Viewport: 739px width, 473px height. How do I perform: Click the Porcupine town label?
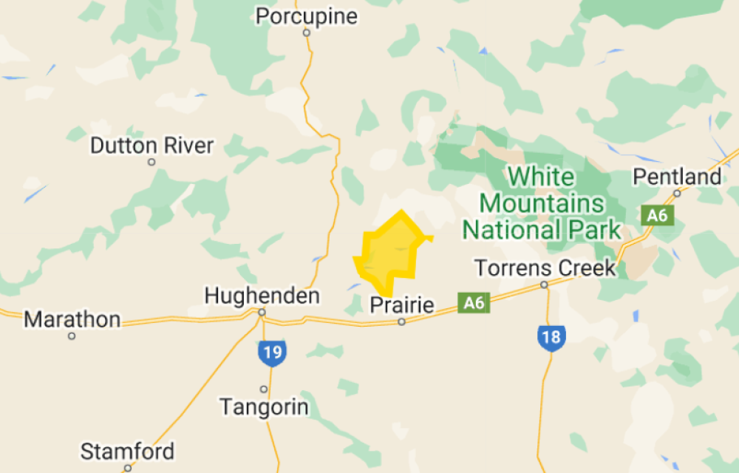(x=306, y=16)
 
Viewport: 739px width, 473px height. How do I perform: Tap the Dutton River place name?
(x=151, y=146)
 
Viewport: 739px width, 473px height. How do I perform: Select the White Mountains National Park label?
(x=541, y=203)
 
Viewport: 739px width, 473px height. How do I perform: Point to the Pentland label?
(x=677, y=177)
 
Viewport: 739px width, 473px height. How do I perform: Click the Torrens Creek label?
(x=545, y=268)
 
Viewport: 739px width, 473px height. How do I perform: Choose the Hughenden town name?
(x=262, y=296)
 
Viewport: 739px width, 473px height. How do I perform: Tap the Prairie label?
(x=401, y=305)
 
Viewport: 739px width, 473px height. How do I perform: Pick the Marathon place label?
(x=72, y=320)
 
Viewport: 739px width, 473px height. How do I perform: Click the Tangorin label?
(x=264, y=406)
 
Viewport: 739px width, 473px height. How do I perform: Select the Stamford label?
(x=127, y=451)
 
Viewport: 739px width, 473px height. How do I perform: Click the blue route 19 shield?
(x=272, y=352)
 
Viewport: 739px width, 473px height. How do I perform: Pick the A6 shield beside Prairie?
(x=474, y=302)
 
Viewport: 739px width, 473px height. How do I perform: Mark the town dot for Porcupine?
(x=306, y=33)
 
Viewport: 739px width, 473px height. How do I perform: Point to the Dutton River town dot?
(x=151, y=162)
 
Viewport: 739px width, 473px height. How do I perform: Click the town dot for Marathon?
(x=72, y=336)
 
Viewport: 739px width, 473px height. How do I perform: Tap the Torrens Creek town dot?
(x=544, y=285)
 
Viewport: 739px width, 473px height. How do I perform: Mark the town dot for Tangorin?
(x=264, y=389)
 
